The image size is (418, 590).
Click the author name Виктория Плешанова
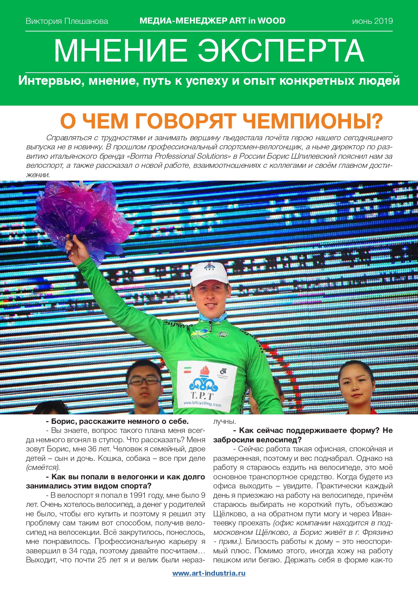[67, 21]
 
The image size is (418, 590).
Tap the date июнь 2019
[372, 21]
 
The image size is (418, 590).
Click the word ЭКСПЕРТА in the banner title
[280, 51]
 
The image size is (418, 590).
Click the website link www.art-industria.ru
[209, 573]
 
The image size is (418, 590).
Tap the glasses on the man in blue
[144, 381]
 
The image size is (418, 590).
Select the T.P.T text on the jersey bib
[202, 396]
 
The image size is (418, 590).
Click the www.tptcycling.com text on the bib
[202, 403]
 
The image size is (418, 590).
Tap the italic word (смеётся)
[43, 468]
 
